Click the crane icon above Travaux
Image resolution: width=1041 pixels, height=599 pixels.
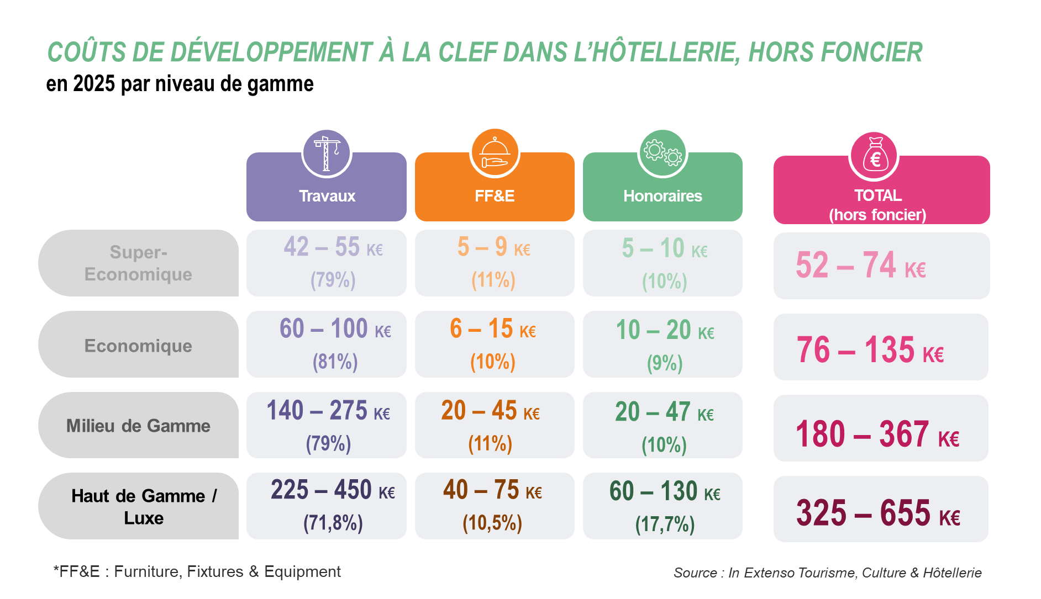coord(327,153)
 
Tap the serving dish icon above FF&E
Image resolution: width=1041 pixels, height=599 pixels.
coord(495,153)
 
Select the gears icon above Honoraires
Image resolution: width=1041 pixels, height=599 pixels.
coord(663,153)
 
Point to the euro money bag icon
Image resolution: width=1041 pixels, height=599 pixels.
coord(875,157)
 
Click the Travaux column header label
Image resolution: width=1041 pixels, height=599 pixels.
coord(327,196)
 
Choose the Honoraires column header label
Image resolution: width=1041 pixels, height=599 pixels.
coord(663,196)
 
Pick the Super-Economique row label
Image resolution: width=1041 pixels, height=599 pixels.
coord(138,263)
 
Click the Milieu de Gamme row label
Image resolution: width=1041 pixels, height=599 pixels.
coord(138,426)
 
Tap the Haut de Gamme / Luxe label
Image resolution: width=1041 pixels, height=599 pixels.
coord(144,507)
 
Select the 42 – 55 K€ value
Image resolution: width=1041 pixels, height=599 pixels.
coord(333,247)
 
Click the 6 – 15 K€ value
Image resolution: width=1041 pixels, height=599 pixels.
coord(493,329)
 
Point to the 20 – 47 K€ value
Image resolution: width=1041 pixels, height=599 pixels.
coord(664,412)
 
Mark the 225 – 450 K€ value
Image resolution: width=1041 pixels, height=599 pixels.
coord(333,490)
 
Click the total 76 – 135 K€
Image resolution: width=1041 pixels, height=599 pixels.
coord(870,350)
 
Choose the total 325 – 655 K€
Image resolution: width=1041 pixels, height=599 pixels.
coord(878,513)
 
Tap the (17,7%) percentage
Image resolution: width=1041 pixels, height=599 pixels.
coord(665,524)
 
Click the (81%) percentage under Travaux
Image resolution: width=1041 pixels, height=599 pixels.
coord(335,362)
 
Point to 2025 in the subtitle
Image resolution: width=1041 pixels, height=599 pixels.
coord(94,84)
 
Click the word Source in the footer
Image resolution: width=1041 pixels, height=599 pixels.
coord(695,573)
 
